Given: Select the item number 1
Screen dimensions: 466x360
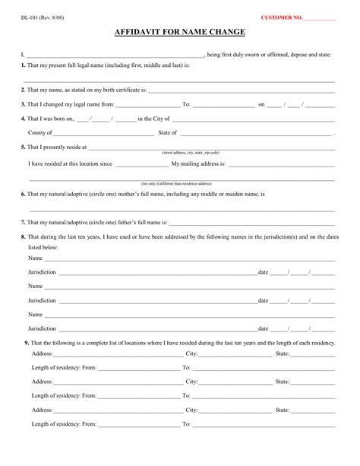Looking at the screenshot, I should coord(23,66).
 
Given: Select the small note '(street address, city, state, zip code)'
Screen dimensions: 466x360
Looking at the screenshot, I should coord(191,152).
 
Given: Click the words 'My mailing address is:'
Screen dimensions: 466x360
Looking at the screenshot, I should coord(198,163).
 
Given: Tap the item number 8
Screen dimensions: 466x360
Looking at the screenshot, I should coord(23,237).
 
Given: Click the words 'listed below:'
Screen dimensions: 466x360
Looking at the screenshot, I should coord(43,248).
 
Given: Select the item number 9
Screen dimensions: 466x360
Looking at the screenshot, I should coord(27,343).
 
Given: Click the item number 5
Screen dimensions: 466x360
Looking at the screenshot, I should coord(23,147).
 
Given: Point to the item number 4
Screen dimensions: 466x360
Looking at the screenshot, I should coord(23,119).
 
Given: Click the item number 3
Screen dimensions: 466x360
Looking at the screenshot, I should coord(23,104).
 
